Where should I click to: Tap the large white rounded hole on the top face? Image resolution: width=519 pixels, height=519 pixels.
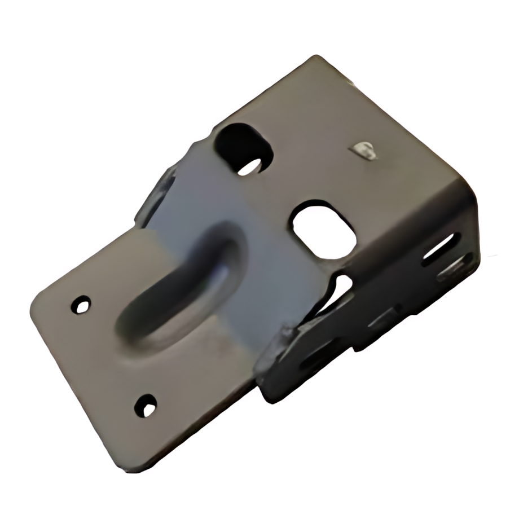tap(323, 230)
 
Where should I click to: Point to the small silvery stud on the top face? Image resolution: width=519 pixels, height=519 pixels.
tap(363, 150)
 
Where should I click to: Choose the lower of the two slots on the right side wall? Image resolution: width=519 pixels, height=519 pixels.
tap(455, 268)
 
